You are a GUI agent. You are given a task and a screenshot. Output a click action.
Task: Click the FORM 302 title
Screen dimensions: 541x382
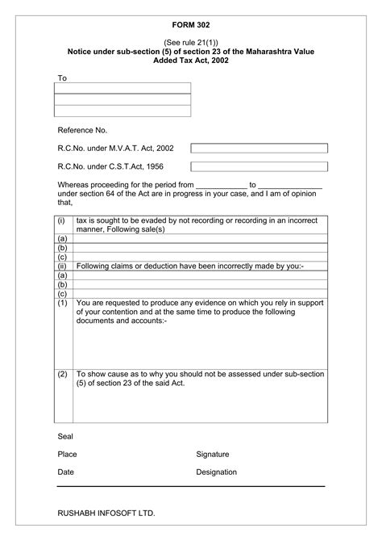pos(191,26)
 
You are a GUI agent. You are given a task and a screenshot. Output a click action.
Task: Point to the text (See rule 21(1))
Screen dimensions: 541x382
pos(191,40)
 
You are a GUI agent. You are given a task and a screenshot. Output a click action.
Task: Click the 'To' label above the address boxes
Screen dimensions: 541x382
pos(62,78)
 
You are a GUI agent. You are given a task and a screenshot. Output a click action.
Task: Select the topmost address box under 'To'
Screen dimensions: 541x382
pos(122,88)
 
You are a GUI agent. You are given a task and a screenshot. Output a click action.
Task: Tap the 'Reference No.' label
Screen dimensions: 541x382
pos(82,130)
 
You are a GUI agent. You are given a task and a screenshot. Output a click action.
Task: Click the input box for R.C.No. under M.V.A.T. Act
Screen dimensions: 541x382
pos(259,149)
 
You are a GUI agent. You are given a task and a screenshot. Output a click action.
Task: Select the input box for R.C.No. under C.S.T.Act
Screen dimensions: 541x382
pos(259,166)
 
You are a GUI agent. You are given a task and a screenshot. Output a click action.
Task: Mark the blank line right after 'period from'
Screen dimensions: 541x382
pos(221,185)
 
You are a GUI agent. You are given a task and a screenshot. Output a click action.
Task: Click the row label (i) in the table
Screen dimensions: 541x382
pos(61,220)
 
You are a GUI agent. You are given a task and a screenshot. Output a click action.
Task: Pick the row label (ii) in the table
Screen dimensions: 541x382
pos(61,266)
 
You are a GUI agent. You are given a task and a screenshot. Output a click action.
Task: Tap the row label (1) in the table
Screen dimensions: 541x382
pos(62,303)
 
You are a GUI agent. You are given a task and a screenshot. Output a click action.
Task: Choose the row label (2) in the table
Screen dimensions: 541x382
pos(62,375)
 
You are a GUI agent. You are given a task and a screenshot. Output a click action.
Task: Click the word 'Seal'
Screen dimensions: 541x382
pos(65,436)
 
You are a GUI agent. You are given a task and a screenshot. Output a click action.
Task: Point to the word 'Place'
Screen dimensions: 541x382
pos(68,455)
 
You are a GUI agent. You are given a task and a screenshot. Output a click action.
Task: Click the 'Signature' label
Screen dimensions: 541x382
pos(213,455)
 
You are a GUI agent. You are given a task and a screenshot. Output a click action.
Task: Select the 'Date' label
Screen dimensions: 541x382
pos(66,472)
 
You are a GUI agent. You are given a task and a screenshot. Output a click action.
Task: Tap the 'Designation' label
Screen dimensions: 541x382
pos(216,472)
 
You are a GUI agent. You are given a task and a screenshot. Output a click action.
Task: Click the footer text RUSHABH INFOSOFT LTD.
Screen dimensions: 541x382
pos(106,514)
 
